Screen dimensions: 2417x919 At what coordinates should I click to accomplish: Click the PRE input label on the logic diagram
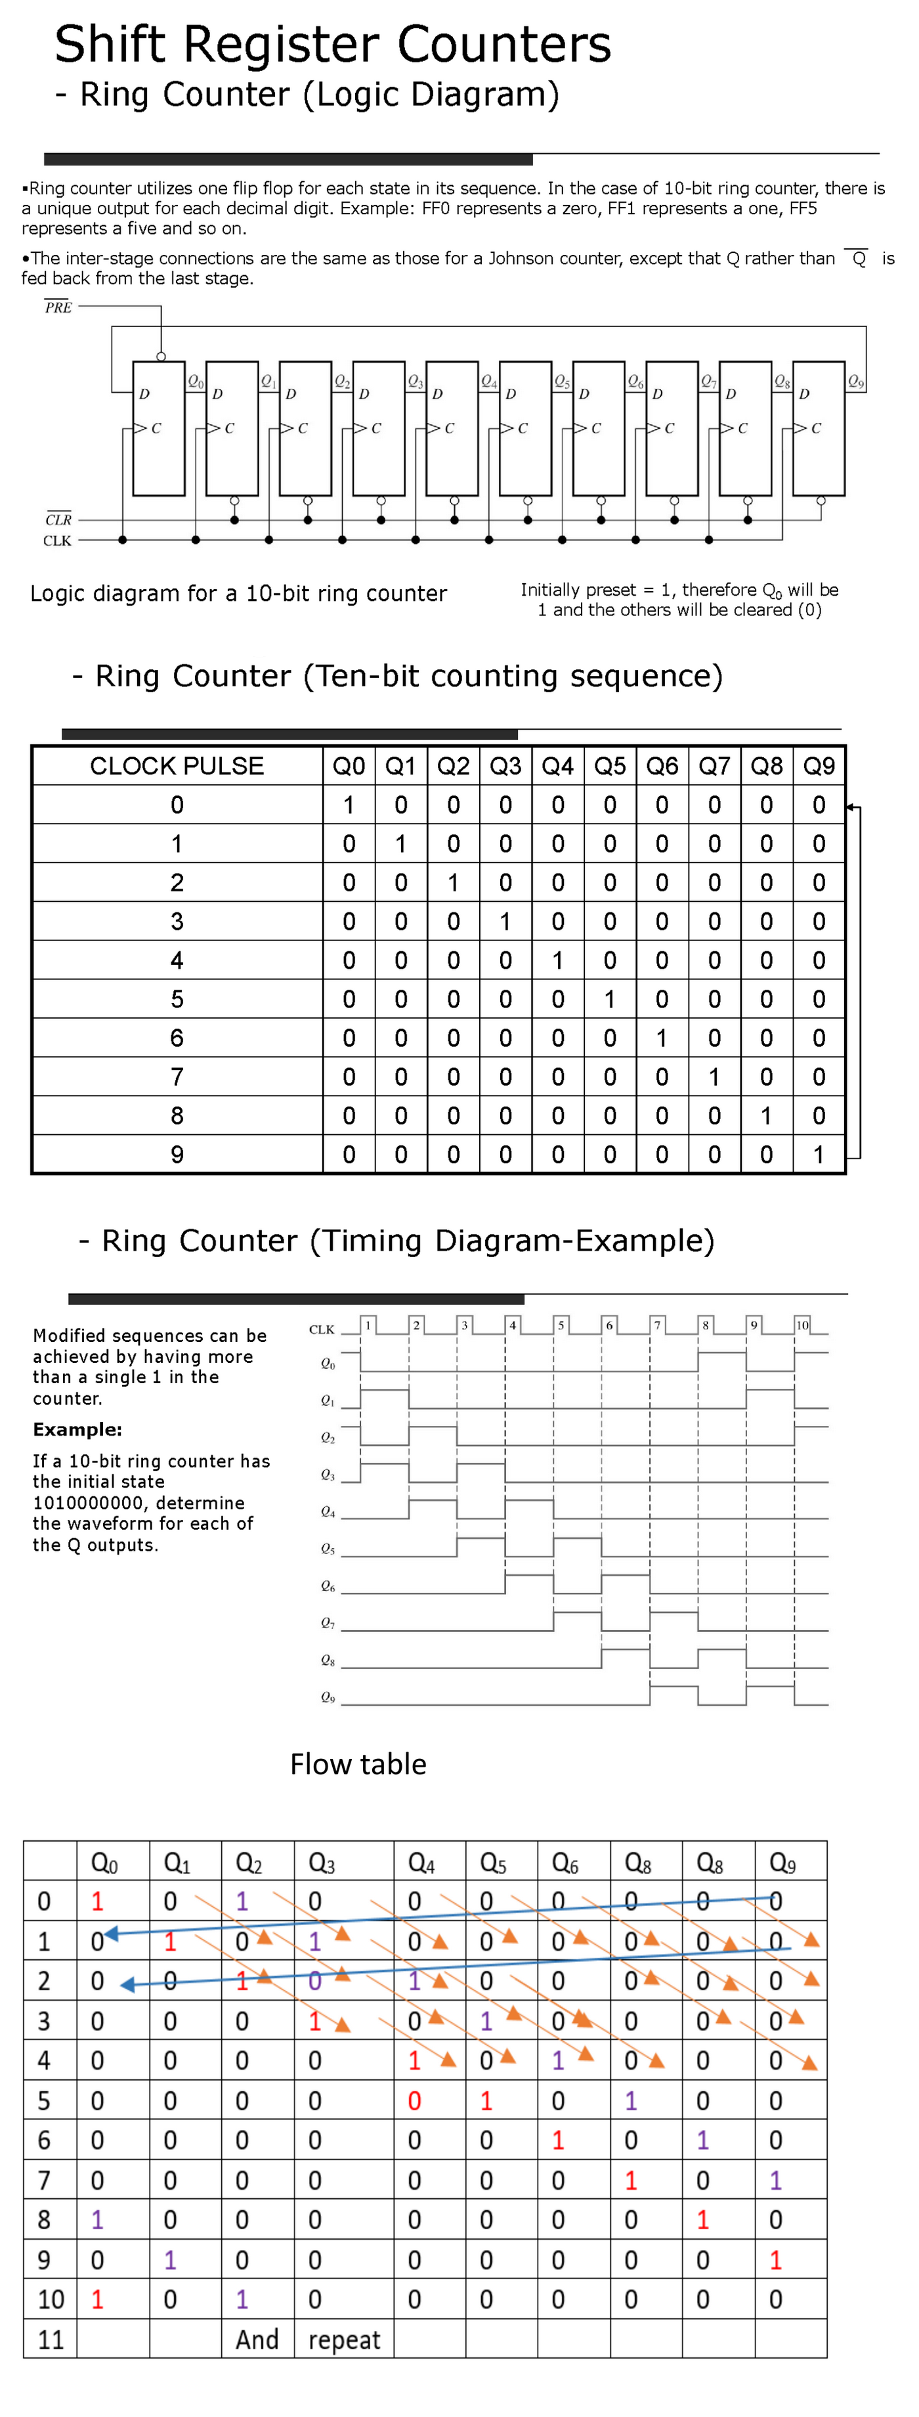(x=58, y=307)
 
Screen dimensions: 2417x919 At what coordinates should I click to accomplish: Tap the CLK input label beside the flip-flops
(x=57, y=541)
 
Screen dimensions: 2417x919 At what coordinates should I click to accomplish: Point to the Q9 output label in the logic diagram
(x=855, y=381)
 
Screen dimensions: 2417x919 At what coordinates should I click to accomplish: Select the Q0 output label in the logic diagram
(x=195, y=381)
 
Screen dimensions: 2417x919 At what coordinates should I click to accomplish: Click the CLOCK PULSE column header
(x=177, y=766)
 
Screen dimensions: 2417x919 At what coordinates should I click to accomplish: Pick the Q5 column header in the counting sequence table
(x=610, y=766)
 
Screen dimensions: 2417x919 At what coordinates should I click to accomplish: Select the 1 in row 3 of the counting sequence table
(x=505, y=921)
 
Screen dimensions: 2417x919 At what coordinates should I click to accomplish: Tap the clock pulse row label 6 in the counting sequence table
(x=177, y=1038)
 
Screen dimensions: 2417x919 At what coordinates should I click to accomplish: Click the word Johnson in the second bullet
(x=521, y=258)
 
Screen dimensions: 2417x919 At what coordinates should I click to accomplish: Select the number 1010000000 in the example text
(x=85, y=1502)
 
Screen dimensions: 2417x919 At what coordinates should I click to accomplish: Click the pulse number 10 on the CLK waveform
(x=801, y=1325)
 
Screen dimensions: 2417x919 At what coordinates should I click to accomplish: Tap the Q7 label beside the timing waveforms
(x=328, y=1623)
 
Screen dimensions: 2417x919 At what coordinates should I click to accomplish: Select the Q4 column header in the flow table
(x=421, y=1863)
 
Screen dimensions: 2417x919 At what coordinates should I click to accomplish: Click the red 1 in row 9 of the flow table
(x=775, y=2260)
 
